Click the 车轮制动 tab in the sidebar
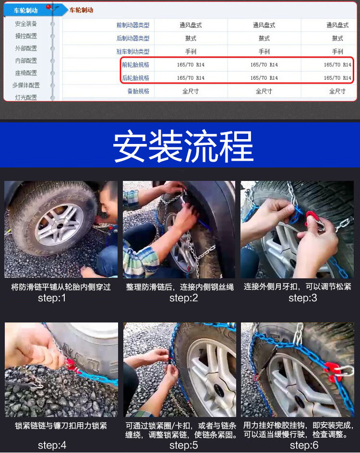click(x=26, y=11)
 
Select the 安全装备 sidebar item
click(x=26, y=24)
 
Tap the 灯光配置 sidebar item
click(x=26, y=97)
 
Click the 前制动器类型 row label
click(x=133, y=25)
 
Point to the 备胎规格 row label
click(x=138, y=91)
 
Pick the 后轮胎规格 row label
click(x=135, y=78)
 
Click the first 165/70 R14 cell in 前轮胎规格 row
click(x=191, y=65)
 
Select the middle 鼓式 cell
click(x=264, y=38)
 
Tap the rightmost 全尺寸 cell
click(x=337, y=91)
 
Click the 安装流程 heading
click(x=183, y=145)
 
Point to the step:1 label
click(x=52, y=298)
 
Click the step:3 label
click(x=303, y=298)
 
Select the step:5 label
click(x=184, y=445)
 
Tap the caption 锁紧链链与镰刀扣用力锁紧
click(x=61, y=426)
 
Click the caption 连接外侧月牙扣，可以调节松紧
click(x=297, y=286)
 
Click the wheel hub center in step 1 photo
click(x=60, y=225)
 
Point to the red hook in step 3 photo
click(x=312, y=219)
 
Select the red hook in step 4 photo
click(x=71, y=365)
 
